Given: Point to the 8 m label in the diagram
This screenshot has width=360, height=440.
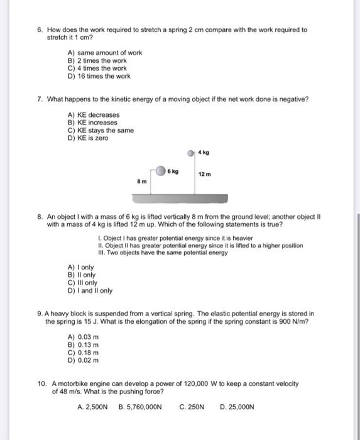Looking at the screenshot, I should click(x=142, y=181).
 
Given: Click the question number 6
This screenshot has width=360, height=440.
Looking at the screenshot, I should click(x=39, y=30).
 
